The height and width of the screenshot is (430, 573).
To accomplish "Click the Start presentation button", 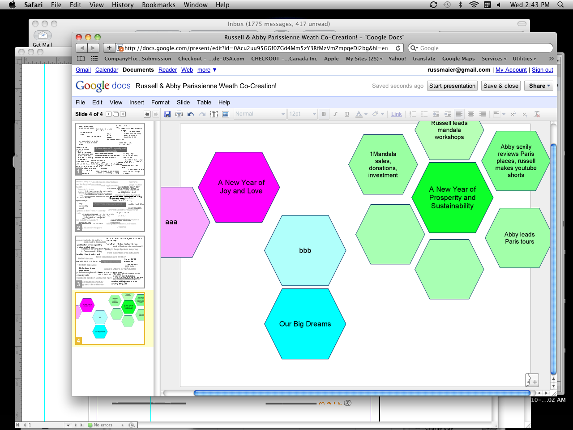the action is tap(452, 86).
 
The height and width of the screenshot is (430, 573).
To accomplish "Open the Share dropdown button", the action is tap(539, 86).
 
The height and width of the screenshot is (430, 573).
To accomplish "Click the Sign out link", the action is tap(542, 70).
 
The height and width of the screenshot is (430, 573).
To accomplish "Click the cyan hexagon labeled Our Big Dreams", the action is tap(305, 324).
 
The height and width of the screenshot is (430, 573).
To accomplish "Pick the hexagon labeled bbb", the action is tap(305, 250).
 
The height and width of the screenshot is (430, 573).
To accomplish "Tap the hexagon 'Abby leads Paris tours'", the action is tap(519, 238).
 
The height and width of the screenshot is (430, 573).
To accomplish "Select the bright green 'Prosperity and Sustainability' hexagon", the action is tap(452, 198).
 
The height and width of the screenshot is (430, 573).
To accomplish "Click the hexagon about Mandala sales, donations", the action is tap(383, 164).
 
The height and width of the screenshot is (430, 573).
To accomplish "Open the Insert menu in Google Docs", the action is tap(137, 103).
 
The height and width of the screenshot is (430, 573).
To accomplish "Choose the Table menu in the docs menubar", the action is tap(204, 103).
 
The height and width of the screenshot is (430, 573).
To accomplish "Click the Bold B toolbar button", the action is tap(324, 114).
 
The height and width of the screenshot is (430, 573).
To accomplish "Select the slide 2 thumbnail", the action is tap(110, 206).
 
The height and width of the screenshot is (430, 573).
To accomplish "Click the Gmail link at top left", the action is tap(83, 70).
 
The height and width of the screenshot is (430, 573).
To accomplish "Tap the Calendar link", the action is tap(107, 70).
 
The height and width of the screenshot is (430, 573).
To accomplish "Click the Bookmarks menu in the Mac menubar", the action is tap(158, 5).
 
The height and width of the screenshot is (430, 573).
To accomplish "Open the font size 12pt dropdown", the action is tap(302, 114).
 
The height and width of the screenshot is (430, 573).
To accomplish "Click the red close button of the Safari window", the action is tap(79, 37).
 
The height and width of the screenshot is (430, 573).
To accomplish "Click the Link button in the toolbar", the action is tap(396, 114).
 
